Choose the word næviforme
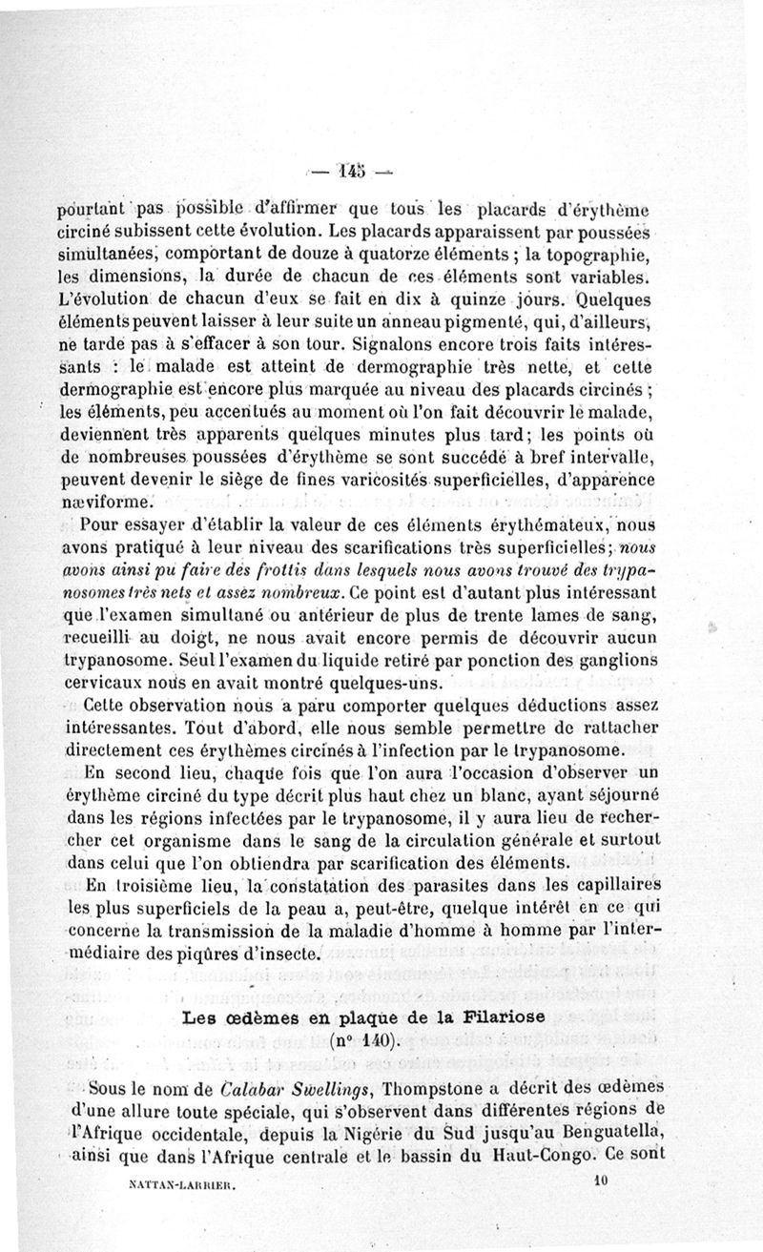click(x=111, y=503)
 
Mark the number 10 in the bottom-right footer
click(x=598, y=1180)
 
